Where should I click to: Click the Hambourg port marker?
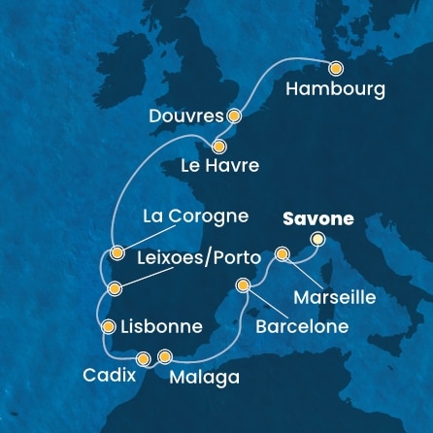coord(336,69)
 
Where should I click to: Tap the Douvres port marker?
coord(233,115)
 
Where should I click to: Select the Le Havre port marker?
coord(219,147)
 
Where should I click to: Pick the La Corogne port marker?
coord(117,253)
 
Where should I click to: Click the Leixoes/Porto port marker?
coord(116,287)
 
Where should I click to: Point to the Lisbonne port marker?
coord(108,327)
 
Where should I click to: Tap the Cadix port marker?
coord(144,357)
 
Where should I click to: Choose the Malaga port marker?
coord(165,356)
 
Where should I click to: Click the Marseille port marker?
coord(283,254)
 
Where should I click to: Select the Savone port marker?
coord(316,239)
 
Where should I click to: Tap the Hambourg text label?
coord(336,90)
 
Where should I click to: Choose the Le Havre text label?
coord(220,167)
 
